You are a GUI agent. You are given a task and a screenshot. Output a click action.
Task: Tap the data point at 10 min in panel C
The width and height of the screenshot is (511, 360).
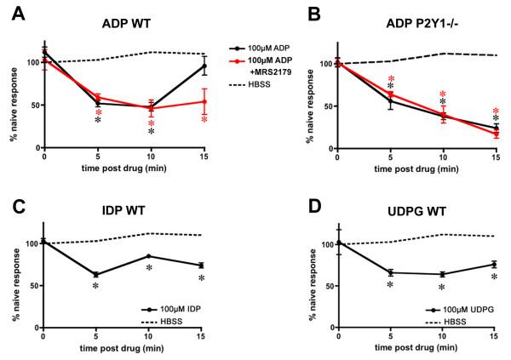coord(151,256)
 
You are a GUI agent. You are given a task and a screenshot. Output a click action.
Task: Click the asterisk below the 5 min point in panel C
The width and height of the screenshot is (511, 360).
coord(96,287)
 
